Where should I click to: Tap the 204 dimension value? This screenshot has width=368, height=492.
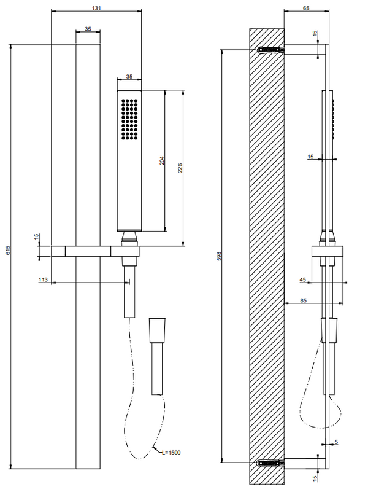point(161,160)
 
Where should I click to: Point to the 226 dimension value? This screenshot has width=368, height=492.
point(178,168)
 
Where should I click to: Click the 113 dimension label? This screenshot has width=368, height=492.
point(43,279)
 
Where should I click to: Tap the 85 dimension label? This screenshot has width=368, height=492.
point(304,299)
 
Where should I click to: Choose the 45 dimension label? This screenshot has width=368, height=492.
point(303,279)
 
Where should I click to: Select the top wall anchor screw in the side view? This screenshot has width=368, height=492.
point(270,50)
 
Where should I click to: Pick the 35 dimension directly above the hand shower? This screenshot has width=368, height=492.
point(129,76)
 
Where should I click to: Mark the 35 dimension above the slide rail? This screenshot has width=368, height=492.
point(88,29)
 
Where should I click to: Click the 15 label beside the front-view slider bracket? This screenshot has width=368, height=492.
point(37,236)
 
